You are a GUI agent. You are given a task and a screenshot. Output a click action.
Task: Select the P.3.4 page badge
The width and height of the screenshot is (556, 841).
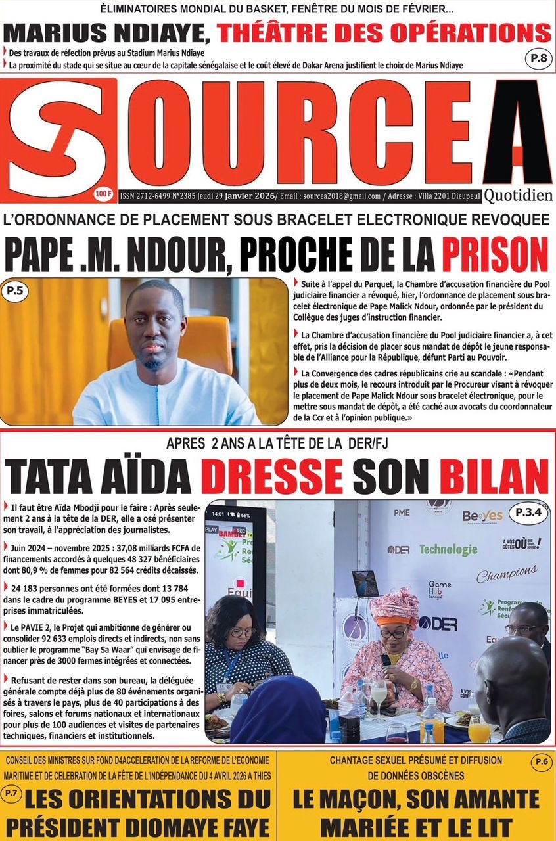tap(528, 511)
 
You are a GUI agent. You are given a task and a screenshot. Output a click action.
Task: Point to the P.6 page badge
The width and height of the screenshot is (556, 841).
tap(541, 762)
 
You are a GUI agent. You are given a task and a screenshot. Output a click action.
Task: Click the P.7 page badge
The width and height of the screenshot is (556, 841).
tap(12, 794)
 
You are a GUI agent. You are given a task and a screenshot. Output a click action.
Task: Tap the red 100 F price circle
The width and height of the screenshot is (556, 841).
tap(104, 193)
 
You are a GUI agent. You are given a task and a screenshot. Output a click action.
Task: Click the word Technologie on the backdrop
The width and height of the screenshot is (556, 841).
tap(448, 549)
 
